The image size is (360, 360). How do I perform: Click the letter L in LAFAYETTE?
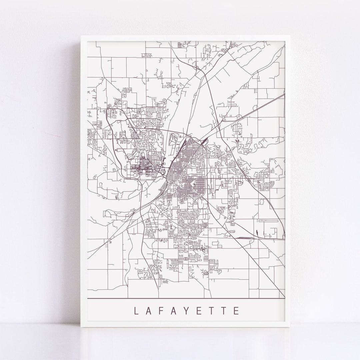coord(136,311)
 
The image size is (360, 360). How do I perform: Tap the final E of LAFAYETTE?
coord(237,311)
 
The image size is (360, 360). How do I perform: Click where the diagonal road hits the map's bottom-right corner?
coord(284,296)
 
